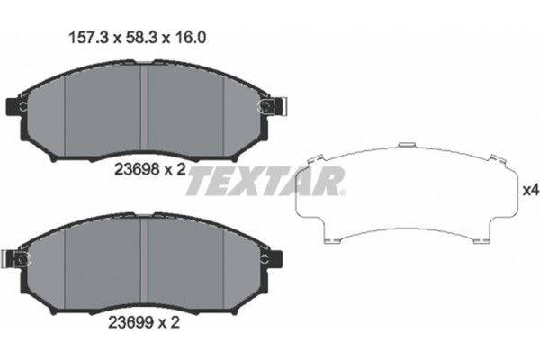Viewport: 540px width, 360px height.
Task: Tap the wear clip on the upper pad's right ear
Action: (x=267, y=107)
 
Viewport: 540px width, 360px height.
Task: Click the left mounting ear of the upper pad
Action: (x=16, y=108)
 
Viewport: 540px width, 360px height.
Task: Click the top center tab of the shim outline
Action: (x=408, y=144)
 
